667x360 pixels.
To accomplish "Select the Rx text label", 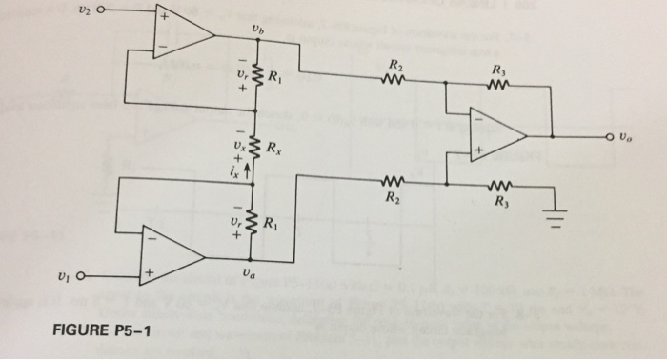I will tap(273, 150).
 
